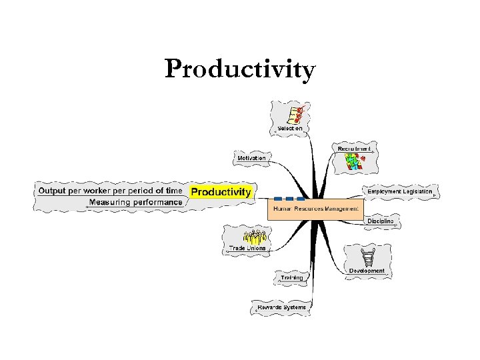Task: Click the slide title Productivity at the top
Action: (240, 69)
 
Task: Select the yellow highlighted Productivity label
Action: (221, 192)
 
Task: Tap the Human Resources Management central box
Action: (316, 209)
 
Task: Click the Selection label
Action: (290, 128)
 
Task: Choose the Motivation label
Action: (251, 158)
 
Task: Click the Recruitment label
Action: (353, 148)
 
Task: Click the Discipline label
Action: (380, 221)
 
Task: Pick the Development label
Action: (367, 271)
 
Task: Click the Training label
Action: (291, 277)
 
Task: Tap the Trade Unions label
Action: (247, 248)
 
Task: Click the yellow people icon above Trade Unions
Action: (255, 235)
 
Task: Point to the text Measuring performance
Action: (135, 202)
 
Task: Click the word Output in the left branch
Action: (52, 191)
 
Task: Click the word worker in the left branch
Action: (97, 191)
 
